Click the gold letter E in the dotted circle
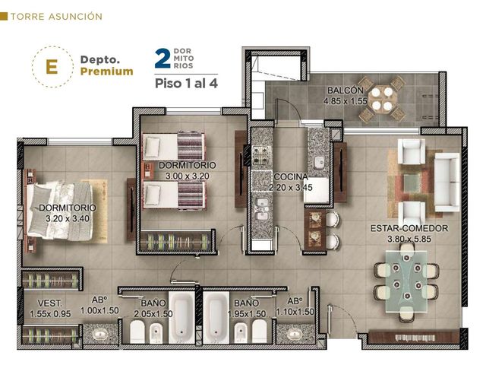coord(52,66)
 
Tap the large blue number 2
coord(163,58)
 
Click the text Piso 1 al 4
coord(186,83)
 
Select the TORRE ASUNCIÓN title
coord(56,17)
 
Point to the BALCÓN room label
coord(346,90)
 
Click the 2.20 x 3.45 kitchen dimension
coord(290,188)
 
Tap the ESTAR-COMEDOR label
coord(409,228)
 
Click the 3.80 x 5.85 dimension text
coord(409,239)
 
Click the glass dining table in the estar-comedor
coord(406,281)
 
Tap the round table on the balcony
coord(382,99)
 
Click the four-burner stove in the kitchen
coord(261,155)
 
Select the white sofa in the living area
coord(447,182)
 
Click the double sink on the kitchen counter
coord(261,208)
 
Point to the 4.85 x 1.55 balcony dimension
coord(346,101)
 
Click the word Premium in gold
coord(106,71)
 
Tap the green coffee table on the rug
coord(412,182)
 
